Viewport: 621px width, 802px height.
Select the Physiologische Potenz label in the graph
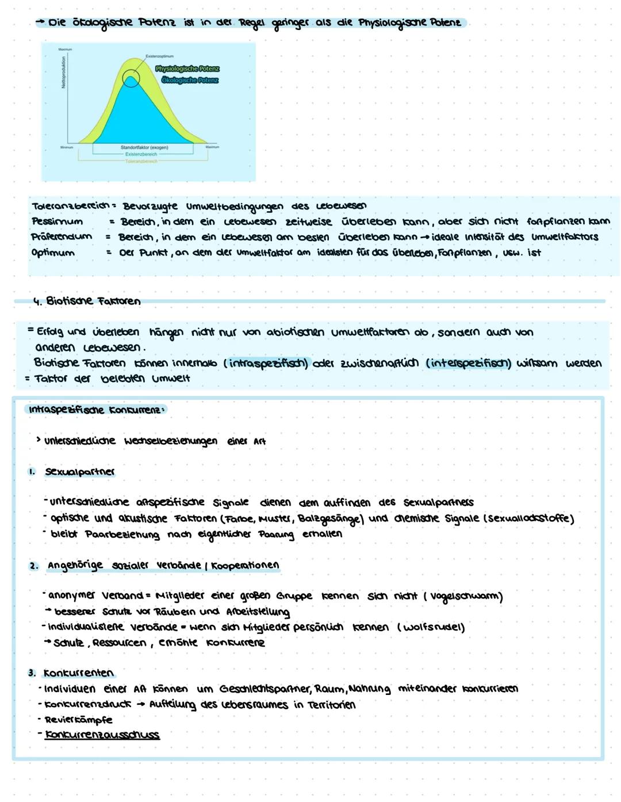pyautogui.click(x=187, y=69)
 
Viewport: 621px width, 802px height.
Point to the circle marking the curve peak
pyautogui.click(x=131, y=78)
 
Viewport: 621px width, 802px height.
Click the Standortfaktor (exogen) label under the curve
pyautogui.click(x=144, y=148)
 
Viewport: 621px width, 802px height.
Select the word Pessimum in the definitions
pyautogui.click(x=57, y=221)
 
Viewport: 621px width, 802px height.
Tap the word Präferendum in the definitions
pyautogui.click(x=62, y=237)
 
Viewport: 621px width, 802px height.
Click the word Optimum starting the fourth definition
pyautogui.click(x=53, y=253)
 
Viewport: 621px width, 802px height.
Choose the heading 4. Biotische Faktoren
pyautogui.click(x=86, y=301)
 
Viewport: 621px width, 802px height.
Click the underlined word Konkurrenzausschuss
pyautogui.click(x=102, y=735)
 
